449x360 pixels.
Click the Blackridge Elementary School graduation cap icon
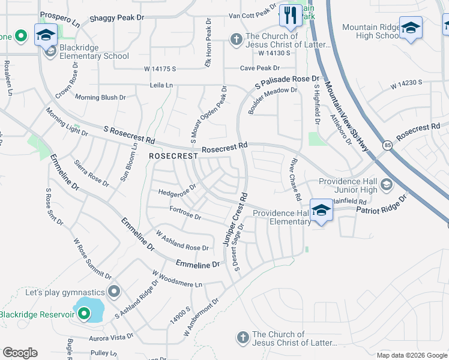(x=46, y=35)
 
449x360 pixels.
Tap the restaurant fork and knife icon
(x=291, y=15)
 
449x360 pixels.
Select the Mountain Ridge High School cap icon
(x=411, y=28)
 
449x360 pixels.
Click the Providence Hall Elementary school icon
(x=322, y=210)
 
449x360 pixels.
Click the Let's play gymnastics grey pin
(x=115, y=292)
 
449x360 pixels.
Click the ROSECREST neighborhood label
(x=173, y=156)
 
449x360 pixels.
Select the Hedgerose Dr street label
(x=177, y=192)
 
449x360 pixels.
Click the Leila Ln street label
(x=161, y=86)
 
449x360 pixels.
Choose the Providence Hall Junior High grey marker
(x=385, y=184)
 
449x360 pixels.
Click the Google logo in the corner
(x=20, y=353)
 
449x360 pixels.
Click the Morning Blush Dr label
(x=100, y=97)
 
